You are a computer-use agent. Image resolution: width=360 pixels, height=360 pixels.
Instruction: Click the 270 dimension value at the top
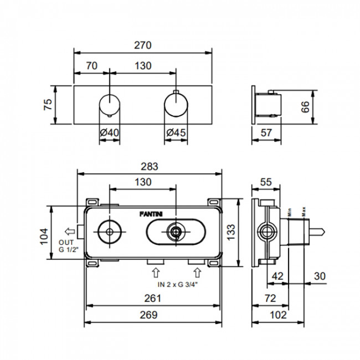[142, 45]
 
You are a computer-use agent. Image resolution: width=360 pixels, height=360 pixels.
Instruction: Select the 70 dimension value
[92, 66]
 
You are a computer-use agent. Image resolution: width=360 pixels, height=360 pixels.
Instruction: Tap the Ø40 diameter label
[110, 132]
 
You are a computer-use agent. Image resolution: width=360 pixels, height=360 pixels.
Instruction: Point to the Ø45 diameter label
[176, 132]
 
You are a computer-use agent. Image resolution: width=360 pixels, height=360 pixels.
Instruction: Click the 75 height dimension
[48, 105]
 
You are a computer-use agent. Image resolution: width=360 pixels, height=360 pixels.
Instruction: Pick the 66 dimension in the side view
[305, 107]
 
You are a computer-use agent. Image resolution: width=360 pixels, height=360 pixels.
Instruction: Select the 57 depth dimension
[266, 133]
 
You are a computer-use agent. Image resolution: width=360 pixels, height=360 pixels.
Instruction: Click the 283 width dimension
[150, 167]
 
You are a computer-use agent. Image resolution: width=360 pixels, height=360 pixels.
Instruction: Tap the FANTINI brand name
[151, 214]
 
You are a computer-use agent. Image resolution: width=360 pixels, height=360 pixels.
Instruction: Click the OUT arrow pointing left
[70, 232]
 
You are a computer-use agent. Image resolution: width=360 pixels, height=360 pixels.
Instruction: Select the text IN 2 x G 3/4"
[177, 285]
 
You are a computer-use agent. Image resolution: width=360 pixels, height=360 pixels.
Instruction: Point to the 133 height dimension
[231, 232]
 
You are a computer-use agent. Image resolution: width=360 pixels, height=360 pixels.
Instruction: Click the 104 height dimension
[44, 236]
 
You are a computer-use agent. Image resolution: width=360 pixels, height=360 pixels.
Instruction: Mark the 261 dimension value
[153, 298]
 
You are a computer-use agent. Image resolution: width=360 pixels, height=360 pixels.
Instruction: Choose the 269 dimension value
[149, 315]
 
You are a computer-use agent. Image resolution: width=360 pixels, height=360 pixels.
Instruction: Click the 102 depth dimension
[278, 315]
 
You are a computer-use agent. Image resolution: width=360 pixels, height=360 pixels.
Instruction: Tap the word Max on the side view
[304, 212]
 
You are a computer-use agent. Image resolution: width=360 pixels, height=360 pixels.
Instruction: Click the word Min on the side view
[290, 212]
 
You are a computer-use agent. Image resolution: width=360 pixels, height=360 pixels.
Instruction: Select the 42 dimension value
[277, 276]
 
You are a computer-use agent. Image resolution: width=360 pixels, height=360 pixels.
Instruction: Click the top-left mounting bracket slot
[92, 202]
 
